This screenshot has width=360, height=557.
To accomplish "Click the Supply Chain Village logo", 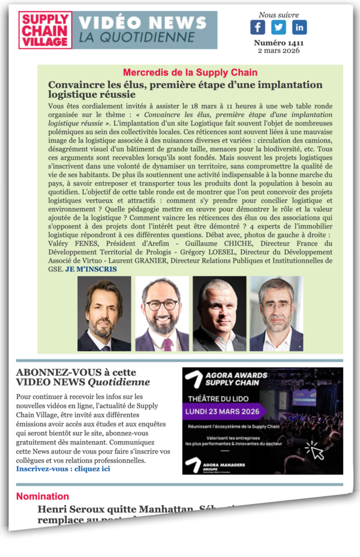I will [45, 30].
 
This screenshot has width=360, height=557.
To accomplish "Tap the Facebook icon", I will [258, 27].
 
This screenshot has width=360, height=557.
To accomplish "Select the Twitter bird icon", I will [278, 27].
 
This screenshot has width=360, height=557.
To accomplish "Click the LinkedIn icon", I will [299, 27].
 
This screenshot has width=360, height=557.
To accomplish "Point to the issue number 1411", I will [278, 43].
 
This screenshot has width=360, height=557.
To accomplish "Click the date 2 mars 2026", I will [278, 51].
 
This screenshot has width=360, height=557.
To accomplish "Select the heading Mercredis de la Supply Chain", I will [190, 72].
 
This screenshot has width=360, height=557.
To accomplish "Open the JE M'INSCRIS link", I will [91, 269].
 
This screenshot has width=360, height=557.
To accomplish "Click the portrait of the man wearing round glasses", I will [162, 314].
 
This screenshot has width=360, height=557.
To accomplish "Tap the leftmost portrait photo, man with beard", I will [104, 314].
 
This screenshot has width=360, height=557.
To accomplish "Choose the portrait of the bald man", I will [219, 314].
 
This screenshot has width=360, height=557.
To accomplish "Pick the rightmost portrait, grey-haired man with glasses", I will [276, 314].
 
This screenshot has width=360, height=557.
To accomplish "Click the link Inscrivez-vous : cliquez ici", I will [63, 468].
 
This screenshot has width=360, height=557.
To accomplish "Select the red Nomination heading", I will [42, 496].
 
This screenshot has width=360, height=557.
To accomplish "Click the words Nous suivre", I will [278, 15].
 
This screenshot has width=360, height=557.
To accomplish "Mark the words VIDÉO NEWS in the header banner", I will [143, 23].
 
